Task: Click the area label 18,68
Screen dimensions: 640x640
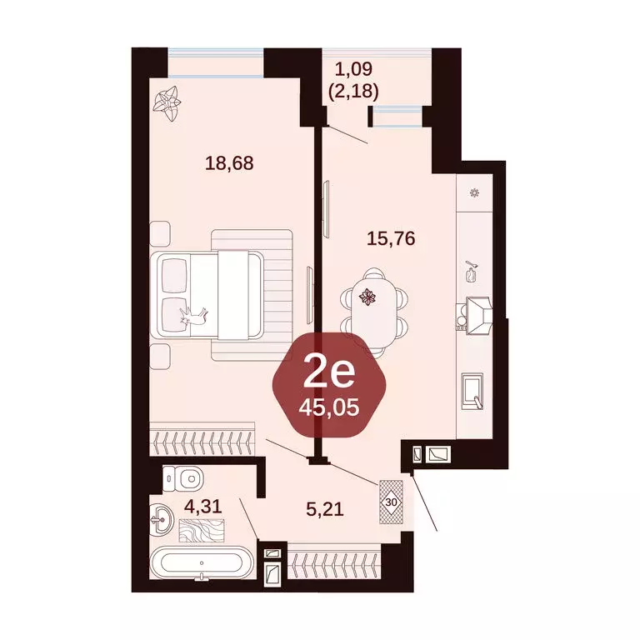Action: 228,162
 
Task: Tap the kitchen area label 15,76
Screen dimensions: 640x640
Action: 391,239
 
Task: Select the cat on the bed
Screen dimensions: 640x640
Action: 197,314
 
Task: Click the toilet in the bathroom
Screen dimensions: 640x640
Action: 183,478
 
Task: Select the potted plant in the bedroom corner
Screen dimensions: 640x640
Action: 171,101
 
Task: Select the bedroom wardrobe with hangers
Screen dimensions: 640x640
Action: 201,438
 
